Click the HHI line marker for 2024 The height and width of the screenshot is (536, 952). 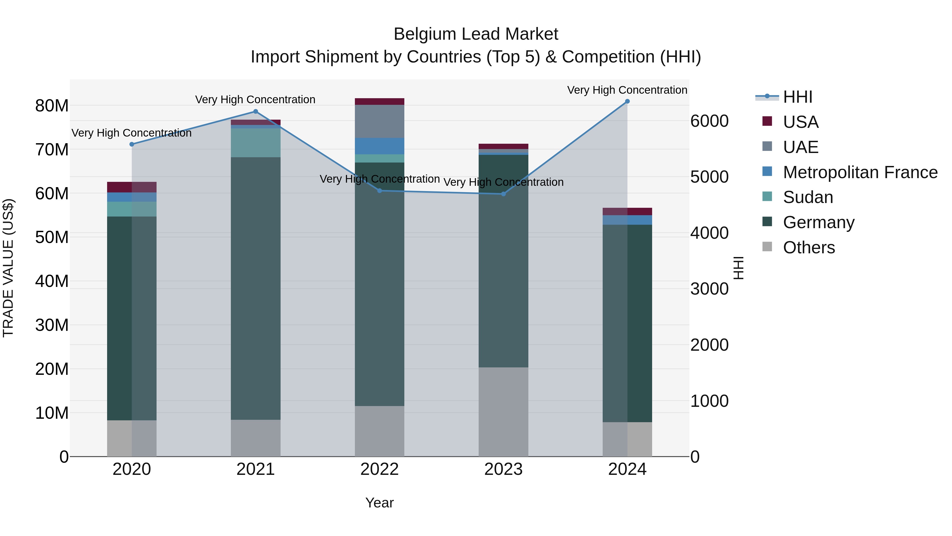[x=627, y=101]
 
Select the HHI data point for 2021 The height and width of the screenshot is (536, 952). [x=255, y=111]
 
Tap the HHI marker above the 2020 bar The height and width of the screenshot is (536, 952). [x=132, y=144]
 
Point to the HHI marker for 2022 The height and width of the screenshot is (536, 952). [x=379, y=191]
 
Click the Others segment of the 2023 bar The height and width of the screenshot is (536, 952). [x=503, y=411]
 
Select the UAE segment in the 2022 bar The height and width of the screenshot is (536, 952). [x=379, y=121]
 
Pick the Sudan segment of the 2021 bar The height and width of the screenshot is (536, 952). [x=255, y=142]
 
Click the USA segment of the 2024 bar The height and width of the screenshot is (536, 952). [x=627, y=211]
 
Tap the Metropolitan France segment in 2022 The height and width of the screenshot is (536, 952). [x=379, y=146]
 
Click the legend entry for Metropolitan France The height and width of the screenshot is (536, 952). [x=860, y=172]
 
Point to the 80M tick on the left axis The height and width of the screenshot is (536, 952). [x=52, y=106]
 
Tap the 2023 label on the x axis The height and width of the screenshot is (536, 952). [x=503, y=469]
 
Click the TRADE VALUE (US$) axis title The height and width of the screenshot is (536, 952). [x=8, y=268]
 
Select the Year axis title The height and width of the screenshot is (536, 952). [x=379, y=503]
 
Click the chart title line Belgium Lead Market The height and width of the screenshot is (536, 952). [x=476, y=34]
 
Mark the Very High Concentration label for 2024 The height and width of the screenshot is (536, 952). [x=627, y=90]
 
